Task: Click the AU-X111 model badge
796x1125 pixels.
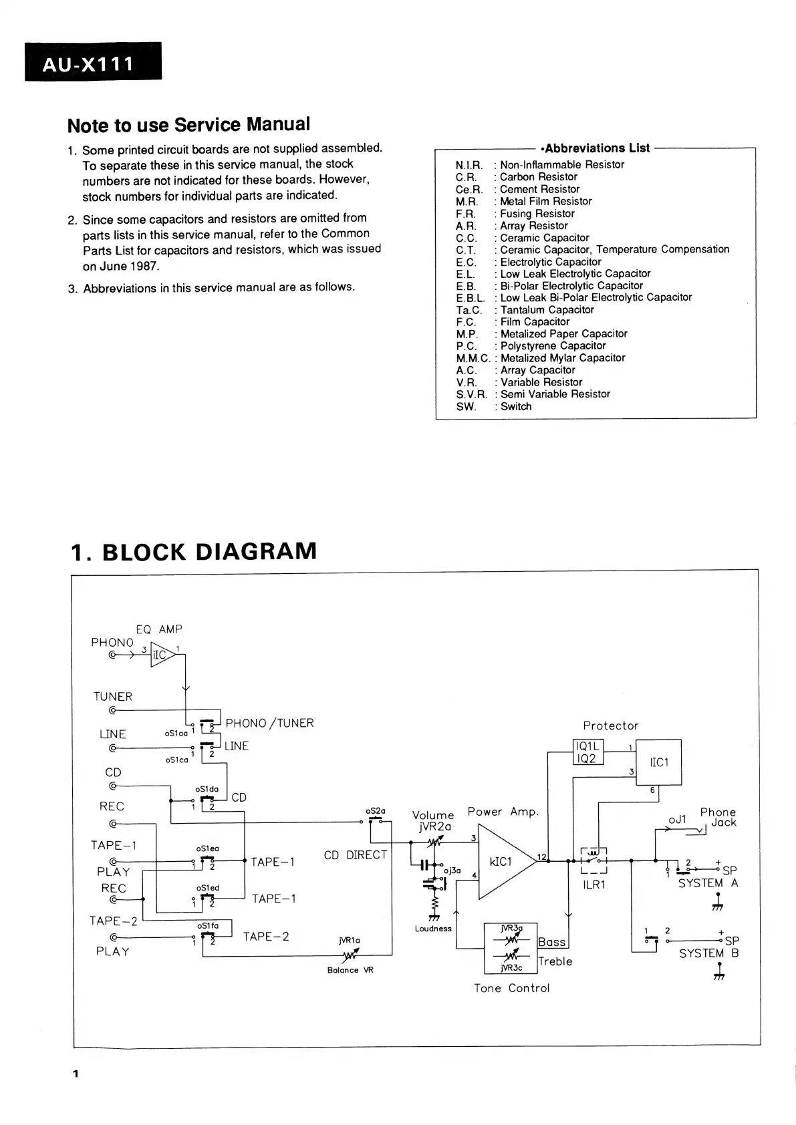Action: point(93,62)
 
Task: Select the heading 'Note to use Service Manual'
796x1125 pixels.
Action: point(188,125)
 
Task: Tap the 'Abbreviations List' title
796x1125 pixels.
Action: point(597,148)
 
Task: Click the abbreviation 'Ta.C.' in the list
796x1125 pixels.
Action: point(469,310)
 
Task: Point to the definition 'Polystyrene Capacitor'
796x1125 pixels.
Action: point(553,346)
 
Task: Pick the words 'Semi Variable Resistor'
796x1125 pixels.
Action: point(555,394)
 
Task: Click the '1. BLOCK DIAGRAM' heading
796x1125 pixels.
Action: point(194,552)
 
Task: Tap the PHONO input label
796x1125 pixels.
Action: point(112,643)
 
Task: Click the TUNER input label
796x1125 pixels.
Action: point(113,697)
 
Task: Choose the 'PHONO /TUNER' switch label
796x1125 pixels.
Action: point(269,724)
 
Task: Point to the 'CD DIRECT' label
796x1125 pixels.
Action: point(356,855)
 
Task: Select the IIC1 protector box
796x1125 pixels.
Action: point(658,762)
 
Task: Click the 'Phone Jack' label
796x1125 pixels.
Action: point(718,817)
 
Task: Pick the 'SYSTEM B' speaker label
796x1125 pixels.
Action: point(708,953)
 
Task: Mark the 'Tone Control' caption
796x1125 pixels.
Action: point(511,988)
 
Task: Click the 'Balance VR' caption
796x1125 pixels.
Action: point(350,970)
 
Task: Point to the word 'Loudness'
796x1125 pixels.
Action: point(433,929)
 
